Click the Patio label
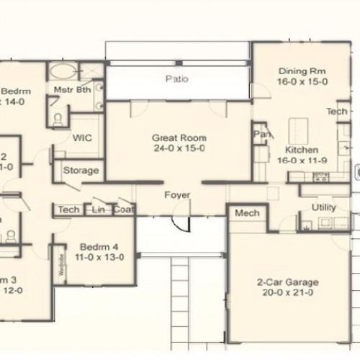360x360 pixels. click(177, 79)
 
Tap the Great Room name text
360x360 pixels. click(179, 138)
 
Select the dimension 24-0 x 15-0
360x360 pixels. click(179, 148)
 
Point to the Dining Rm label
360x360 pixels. click(302, 71)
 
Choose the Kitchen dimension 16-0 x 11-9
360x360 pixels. click(302, 160)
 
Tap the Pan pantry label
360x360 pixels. click(260, 134)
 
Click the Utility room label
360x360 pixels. click(323, 207)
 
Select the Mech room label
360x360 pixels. click(247, 213)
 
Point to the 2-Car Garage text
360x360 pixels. click(288, 283)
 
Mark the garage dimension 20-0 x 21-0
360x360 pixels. click(288, 294)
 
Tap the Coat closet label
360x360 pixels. click(124, 210)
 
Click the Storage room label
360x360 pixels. click(81, 171)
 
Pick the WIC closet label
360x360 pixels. click(81, 138)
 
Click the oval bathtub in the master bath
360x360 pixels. click(64, 72)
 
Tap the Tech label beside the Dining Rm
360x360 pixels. click(336, 112)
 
